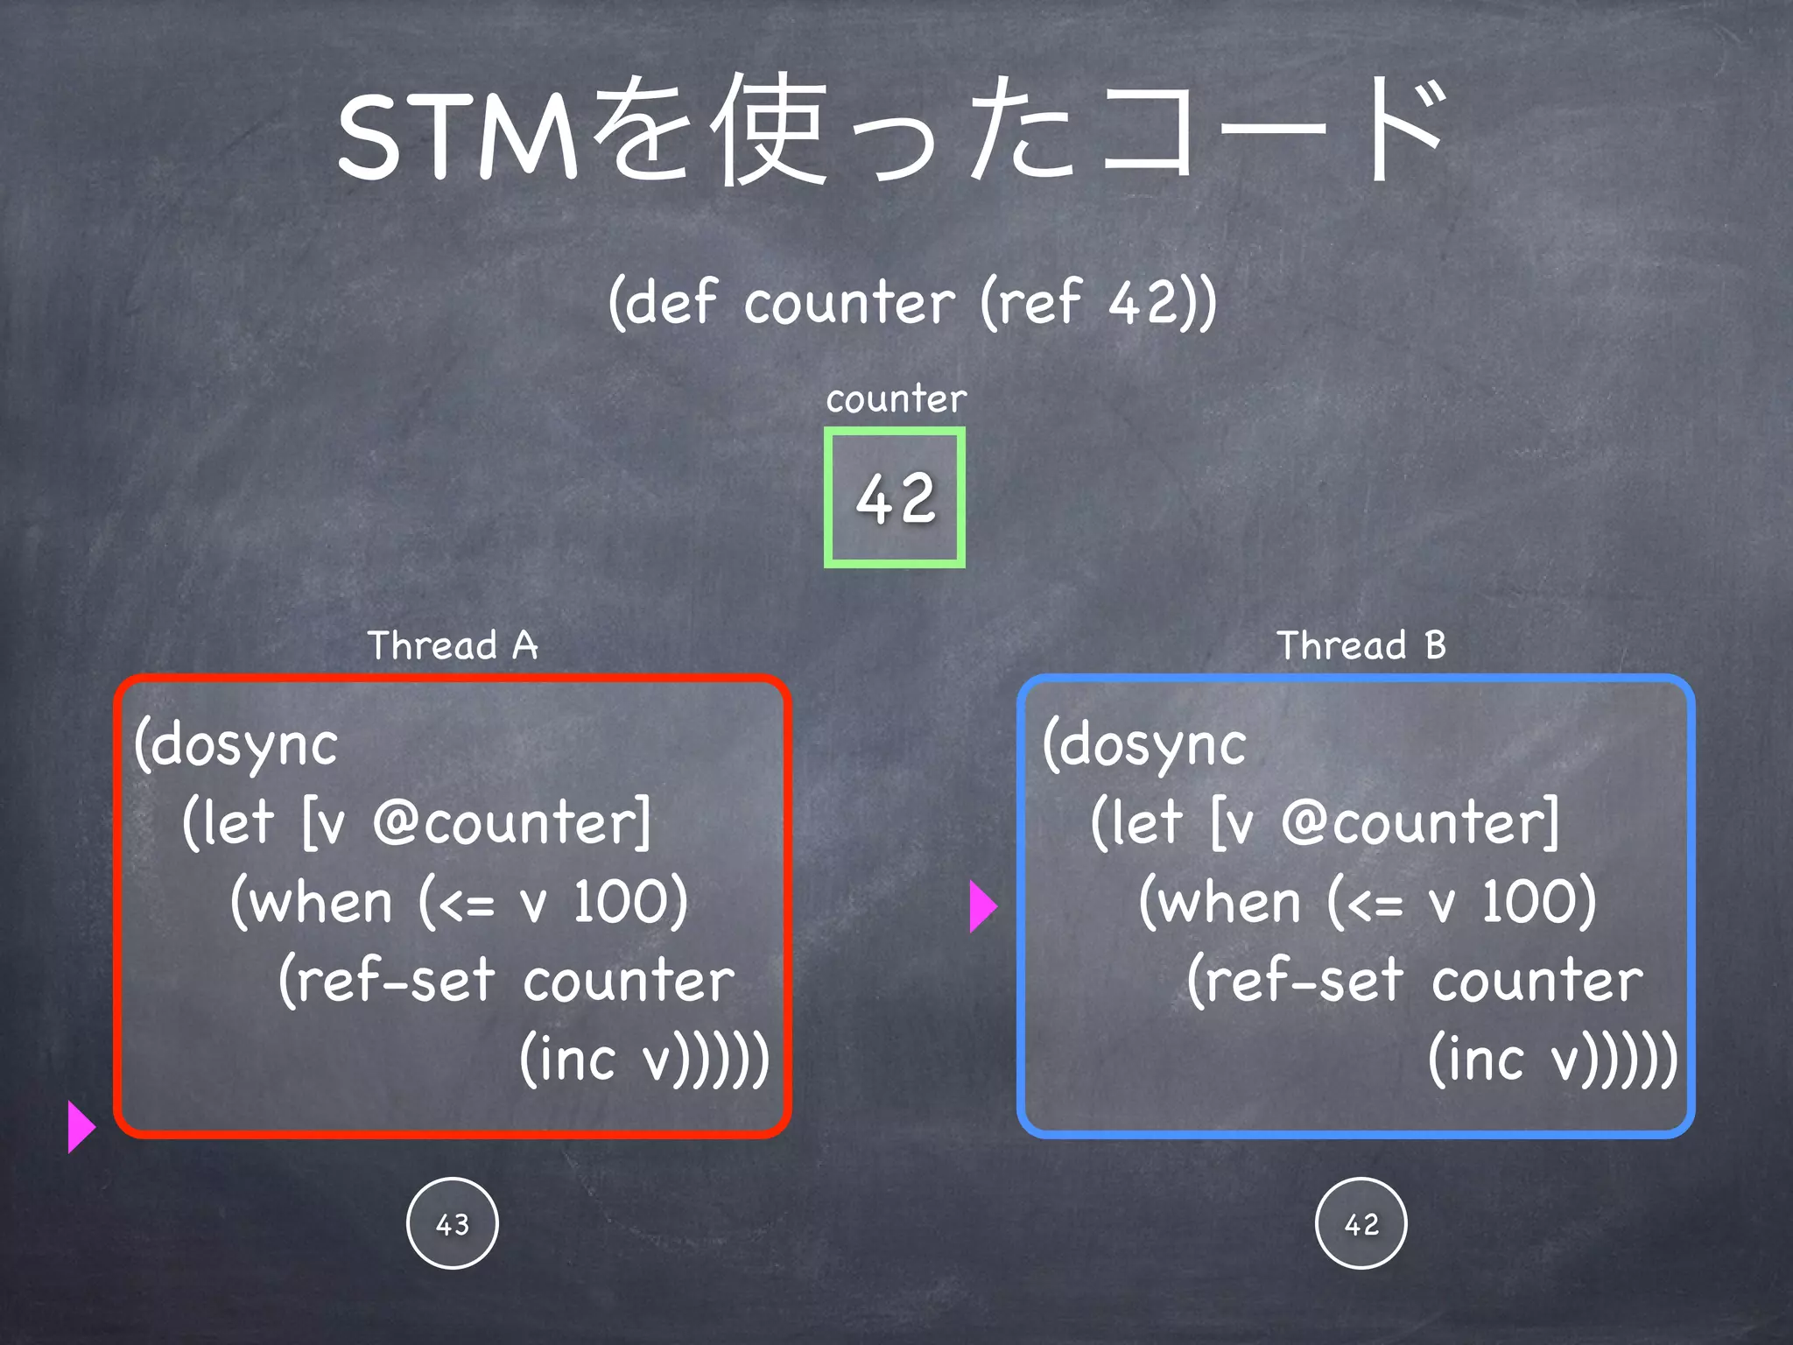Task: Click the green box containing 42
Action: point(894,497)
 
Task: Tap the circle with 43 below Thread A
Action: point(453,1223)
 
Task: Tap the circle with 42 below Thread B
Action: point(1361,1223)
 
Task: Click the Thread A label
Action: point(452,645)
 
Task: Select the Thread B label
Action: point(1361,645)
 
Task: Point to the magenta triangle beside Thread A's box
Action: point(80,1127)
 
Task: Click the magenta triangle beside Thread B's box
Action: point(982,906)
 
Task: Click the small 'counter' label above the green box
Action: point(896,399)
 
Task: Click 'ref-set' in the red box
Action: point(395,980)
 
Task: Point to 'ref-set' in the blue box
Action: point(1304,980)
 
